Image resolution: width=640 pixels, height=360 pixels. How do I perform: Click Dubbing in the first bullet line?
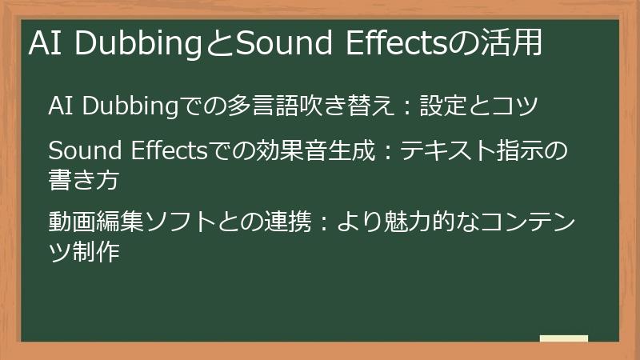pos(130,106)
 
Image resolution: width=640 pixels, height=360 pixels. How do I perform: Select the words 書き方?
pos(84,180)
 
